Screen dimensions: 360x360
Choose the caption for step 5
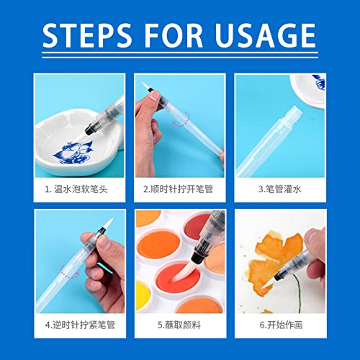click(x=180, y=325)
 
